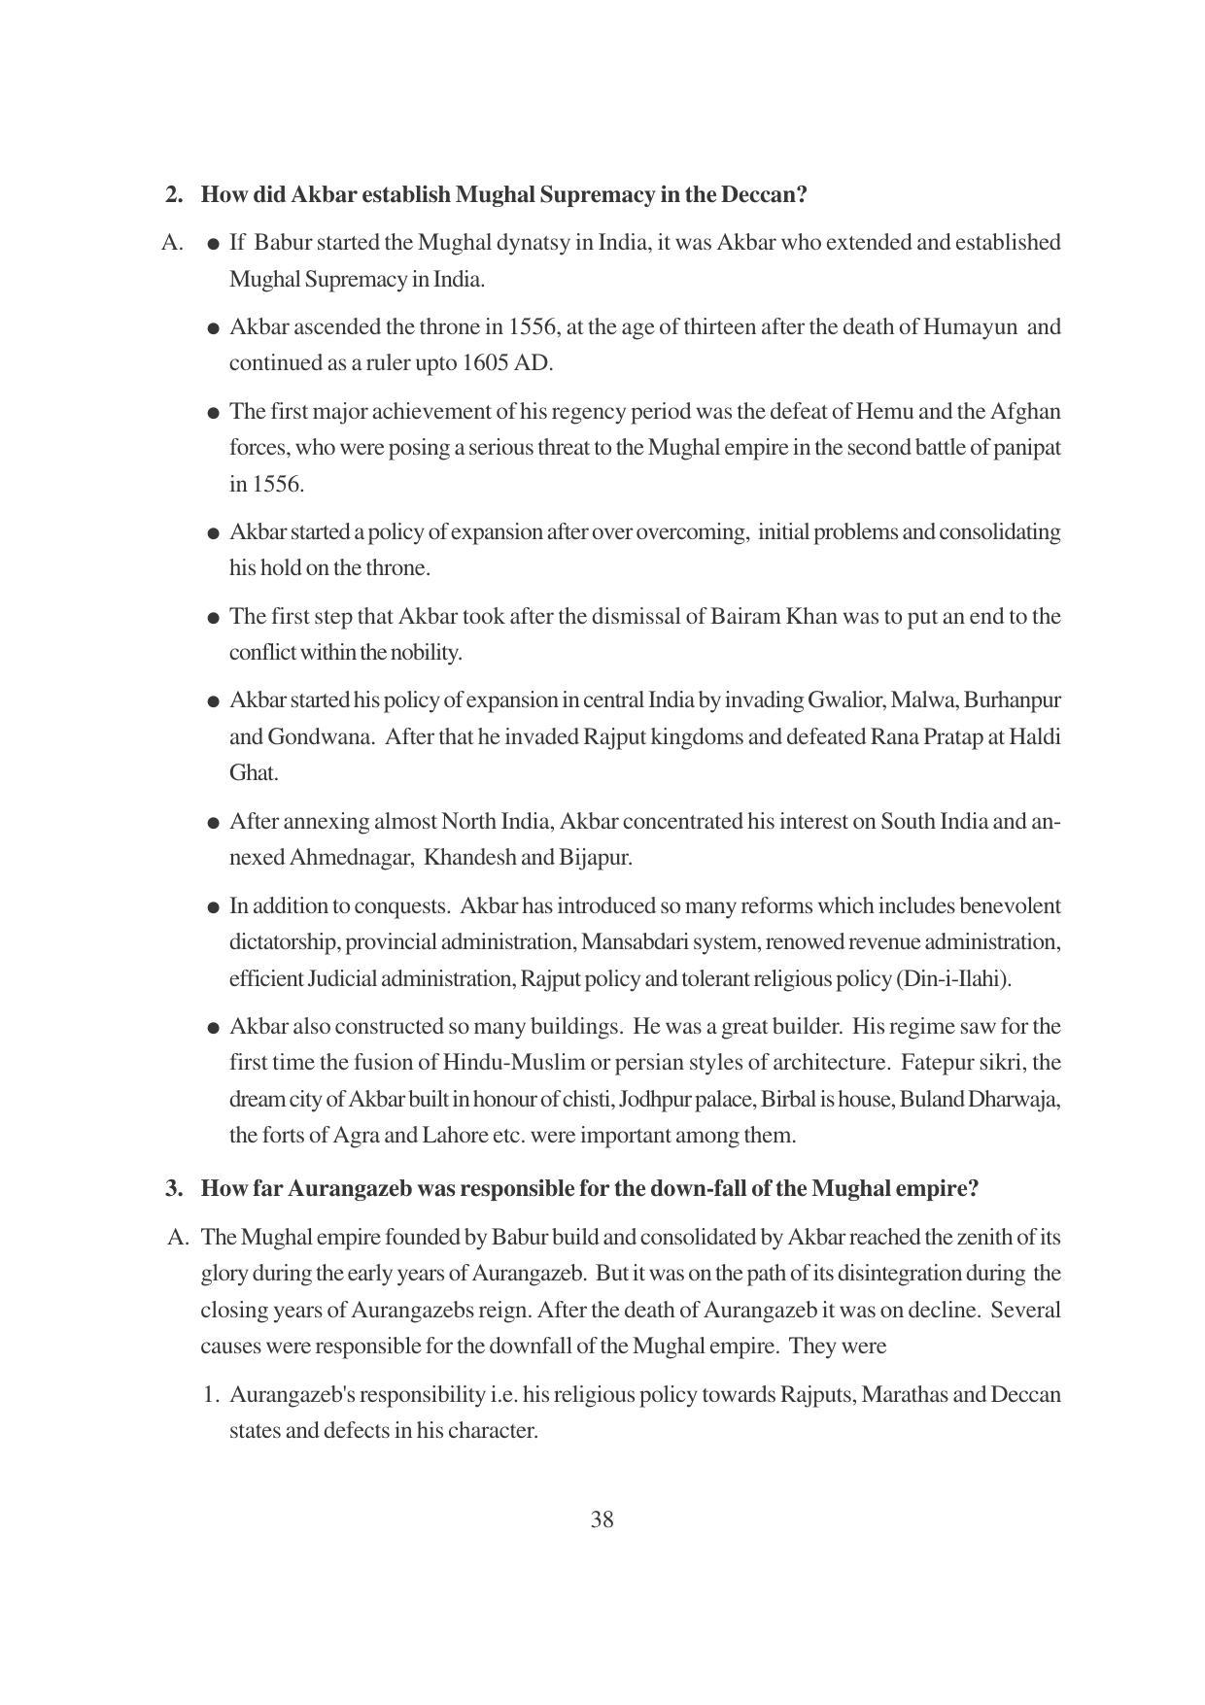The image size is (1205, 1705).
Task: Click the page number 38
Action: pyautogui.click(x=602, y=1519)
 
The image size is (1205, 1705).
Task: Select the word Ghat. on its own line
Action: pyautogui.click(x=254, y=773)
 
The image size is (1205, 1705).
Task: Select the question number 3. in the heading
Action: pyautogui.click(x=174, y=1188)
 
